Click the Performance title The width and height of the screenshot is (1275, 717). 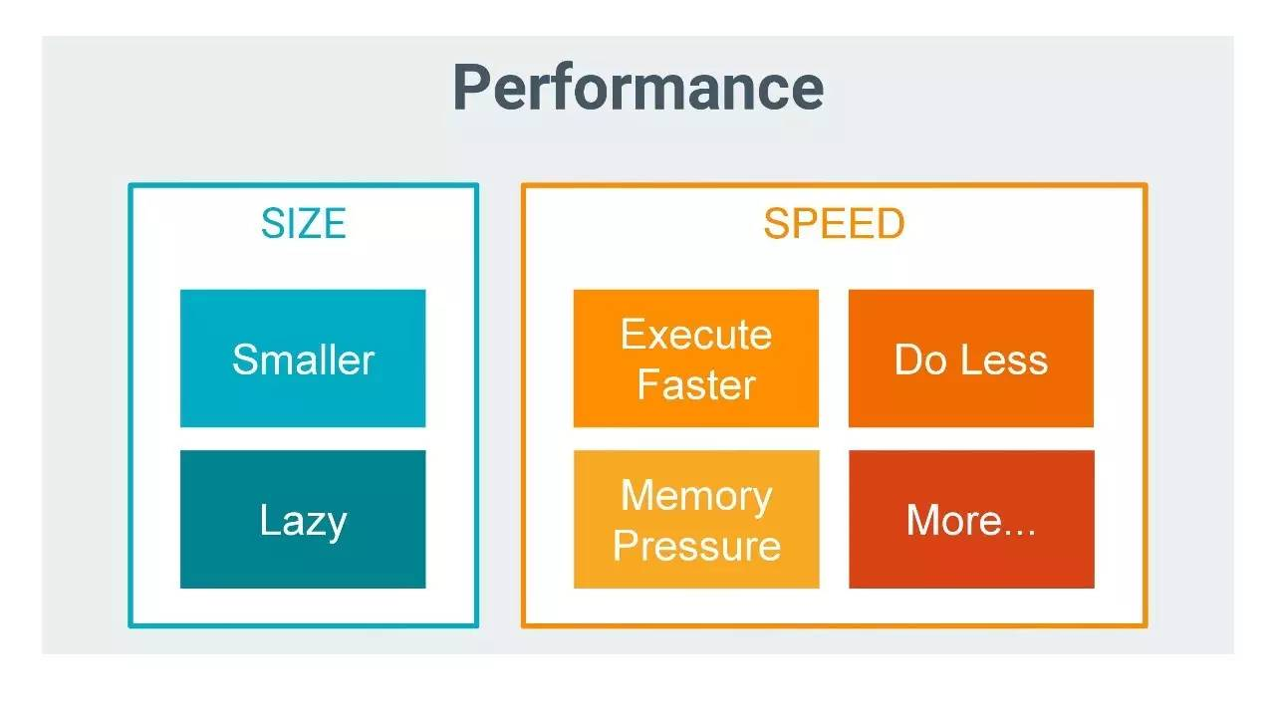coord(637,88)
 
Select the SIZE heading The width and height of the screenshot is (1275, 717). coord(303,224)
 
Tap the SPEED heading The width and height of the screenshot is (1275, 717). coord(834,224)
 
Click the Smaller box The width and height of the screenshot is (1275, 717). coord(303,358)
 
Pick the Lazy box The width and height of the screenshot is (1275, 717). coord(303,519)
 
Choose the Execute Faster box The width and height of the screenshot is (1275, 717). coord(696,358)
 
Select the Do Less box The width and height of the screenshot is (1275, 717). coord(971,358)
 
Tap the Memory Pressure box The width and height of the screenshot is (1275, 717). coord(696,519)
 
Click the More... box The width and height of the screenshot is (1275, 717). coord(971,519)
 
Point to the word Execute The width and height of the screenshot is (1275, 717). coord(696,335)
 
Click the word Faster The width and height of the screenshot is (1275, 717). coord(696,384)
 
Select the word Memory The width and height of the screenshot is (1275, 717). coord(696,495)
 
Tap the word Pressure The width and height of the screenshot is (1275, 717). coord(696,545)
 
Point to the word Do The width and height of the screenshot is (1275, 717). coord(919,359)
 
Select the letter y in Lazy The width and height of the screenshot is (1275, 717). coord(335,525)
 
